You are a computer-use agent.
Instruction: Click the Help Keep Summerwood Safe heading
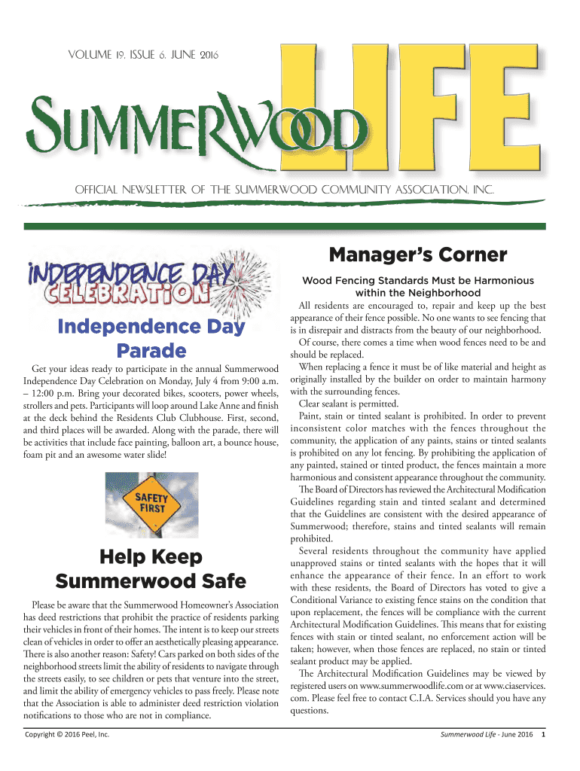click(151, 569)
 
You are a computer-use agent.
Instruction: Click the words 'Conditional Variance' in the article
click(329, 601)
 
